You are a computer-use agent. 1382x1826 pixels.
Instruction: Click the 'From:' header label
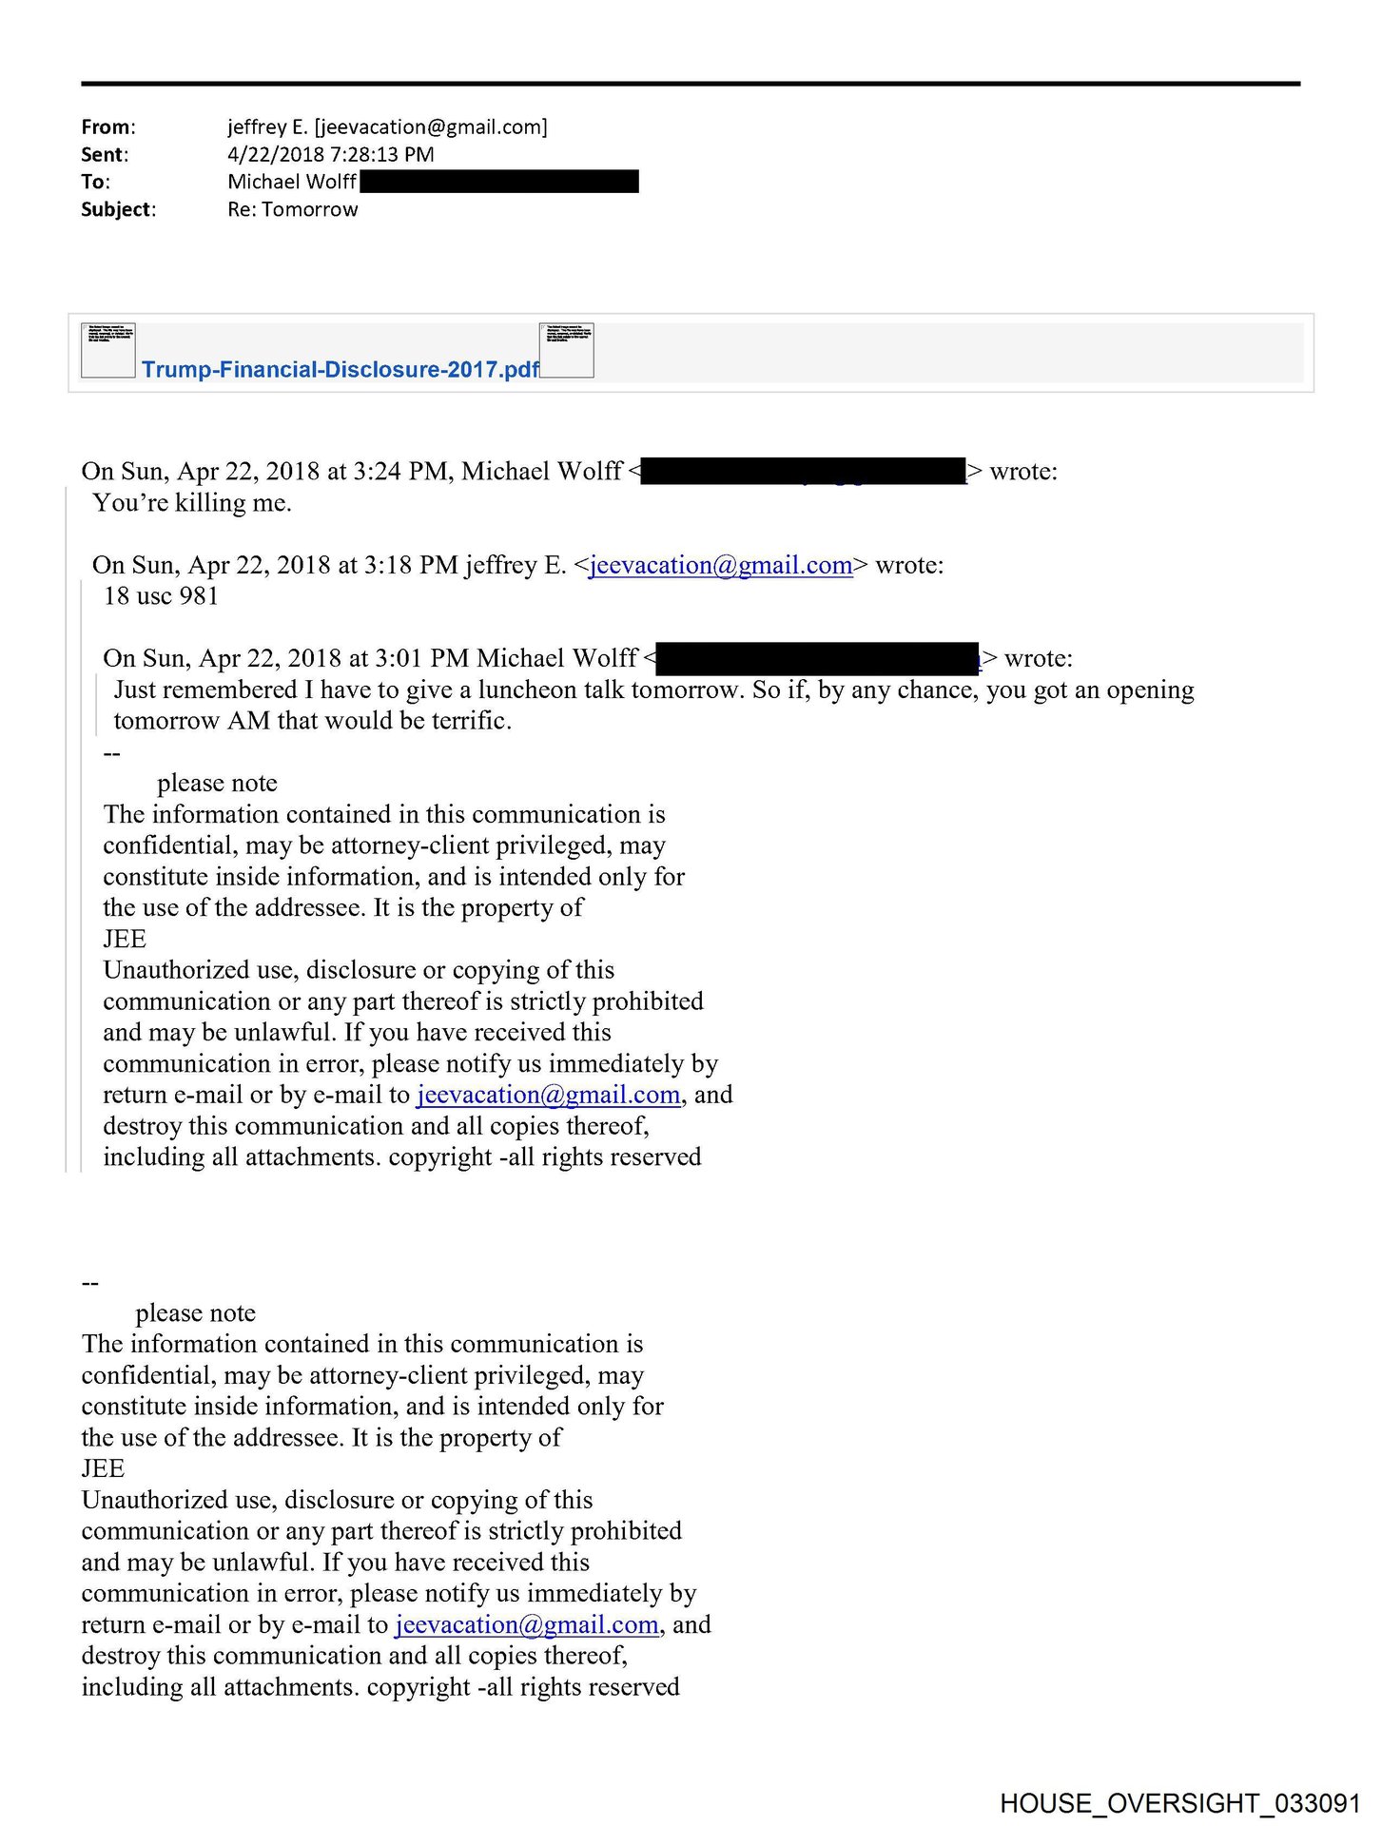pyautogui.click(x=107, y=127)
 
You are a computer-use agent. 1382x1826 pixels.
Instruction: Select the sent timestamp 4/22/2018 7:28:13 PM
pyautogui.click(x=330, y=155)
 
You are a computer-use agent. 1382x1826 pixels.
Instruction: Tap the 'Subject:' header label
pyautogui.click(x=118, y=210)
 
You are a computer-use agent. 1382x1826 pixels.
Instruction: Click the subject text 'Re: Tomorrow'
pyautogui.click(x=292, y=210)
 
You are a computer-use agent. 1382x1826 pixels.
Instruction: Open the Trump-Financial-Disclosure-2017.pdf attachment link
pyautogui.click(x=340, y=370)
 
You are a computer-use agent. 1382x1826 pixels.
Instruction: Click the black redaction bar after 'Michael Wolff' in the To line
pyautogui.click(x=499, y=182)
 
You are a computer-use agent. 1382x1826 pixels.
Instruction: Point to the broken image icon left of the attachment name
pyautogui.click(x=108, y=350)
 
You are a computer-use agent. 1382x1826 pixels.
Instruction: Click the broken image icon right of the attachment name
pyautogui.click(x=567, y=350)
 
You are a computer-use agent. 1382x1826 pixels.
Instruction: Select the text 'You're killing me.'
pyautogui.click(x=192, y=503)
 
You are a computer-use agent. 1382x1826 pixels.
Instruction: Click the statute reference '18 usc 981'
pyautogui.click(x=161, y=596)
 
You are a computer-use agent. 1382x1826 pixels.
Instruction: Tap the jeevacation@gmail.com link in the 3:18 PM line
pyautogui.click(x=720, y=566)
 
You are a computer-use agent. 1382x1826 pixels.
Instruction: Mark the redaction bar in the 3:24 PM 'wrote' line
pyautogui.click(x=804, y=472)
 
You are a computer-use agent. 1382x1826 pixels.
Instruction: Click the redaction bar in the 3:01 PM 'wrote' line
pyautogui.click(x=818, y=659)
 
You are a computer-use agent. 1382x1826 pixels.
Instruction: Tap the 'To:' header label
pyautogui.click(x=95, y=183)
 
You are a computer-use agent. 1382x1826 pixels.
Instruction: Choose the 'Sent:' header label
pyautogui.click(x=104, y=155)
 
